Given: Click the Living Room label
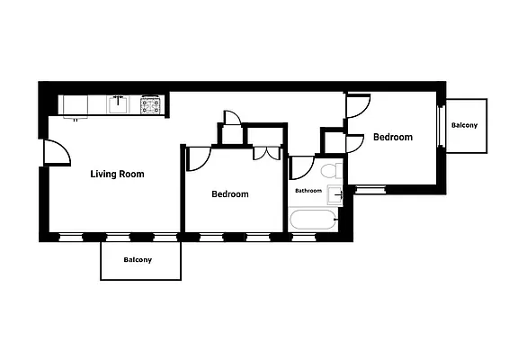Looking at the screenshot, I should tap(117, 174).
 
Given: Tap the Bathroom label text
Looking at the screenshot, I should tap(308, 191).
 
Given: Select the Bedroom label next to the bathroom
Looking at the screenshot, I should tap(230, 194).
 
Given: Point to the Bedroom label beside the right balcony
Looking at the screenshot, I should tap(393, 138).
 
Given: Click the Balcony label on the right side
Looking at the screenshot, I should tap(464, 125).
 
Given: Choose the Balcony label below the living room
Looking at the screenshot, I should tap(138, 260).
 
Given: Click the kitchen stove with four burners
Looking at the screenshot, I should tap(150, 105).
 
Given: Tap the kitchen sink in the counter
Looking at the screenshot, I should tap(119, 104).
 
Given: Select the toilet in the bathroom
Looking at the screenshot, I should tap(329, 170).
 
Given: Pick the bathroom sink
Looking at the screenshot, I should tap(335, 194).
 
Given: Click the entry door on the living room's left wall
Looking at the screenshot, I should tap(57, 152).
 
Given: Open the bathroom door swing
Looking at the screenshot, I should tap(300, 168).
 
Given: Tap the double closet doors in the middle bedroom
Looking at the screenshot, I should tap(266, 152).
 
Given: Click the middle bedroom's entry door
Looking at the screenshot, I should tap(198, 157).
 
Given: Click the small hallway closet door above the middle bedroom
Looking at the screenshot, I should tap(232, 118).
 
